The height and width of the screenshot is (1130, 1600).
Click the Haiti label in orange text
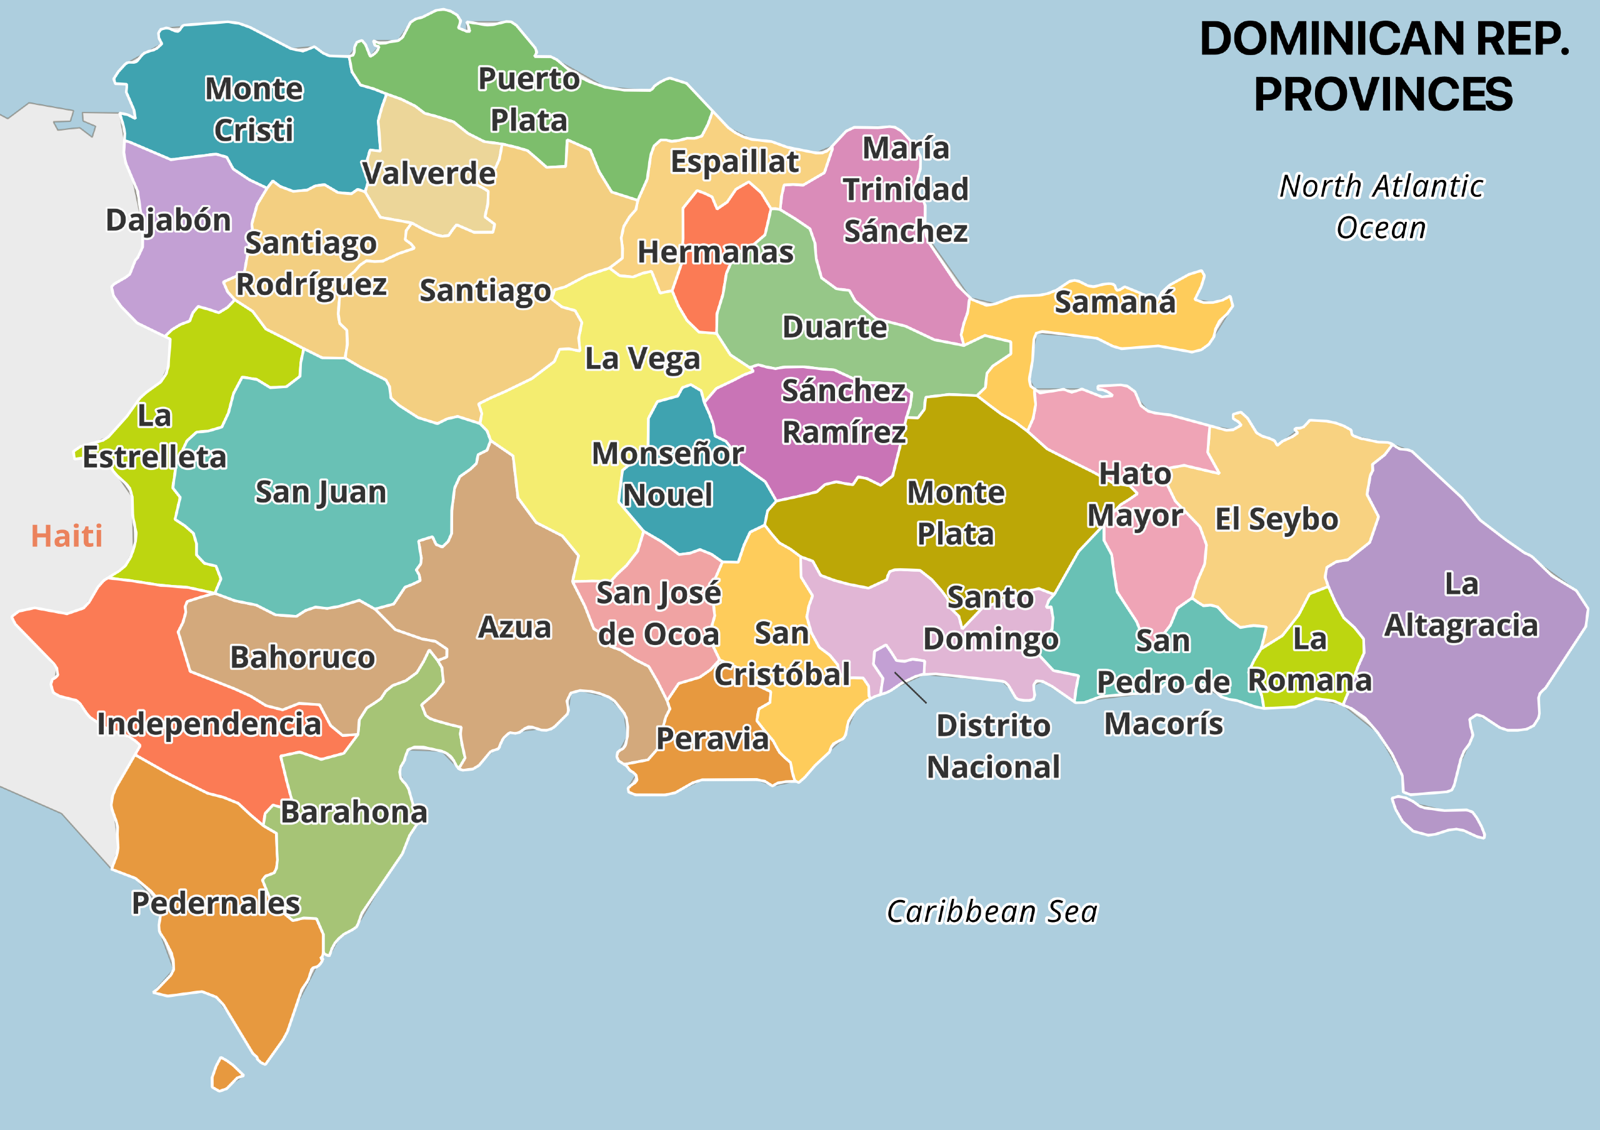pyautogui.click(x=67, y=536)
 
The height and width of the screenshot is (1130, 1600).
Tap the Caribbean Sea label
pyautogui.click(x=992, y=912)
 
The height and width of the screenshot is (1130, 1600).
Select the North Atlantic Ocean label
pyautogui.click(x=1381, y=207)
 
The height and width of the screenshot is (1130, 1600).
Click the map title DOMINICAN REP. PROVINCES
pyautogui.click(x=1383, y=66)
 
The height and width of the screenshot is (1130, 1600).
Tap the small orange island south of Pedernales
pyautogui.click(x=225, y=1074)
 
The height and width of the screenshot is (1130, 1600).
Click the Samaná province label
pyautogui.click(x=1115, y=302)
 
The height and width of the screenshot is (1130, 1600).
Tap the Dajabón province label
pyautogui.click(x=169, y=220)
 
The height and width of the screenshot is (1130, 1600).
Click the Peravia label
pyautogui.click(x=712, y=739)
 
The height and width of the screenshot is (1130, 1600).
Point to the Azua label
pyautogui.click(x=514, y=627)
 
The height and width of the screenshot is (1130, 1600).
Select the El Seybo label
pyautogui.click(x=1276, y=520)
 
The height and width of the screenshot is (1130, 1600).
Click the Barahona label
pyautogui.click(x=354, y=812)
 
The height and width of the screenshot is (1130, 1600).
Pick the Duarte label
pyautogui.click(x=834, y=327)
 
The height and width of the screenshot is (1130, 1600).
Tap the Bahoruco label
pyautogui.click(x=302, y=657)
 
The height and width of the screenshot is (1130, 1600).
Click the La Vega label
pyautogui.click(x=642, y=359)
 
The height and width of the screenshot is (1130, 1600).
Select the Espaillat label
pyautogui.click(x=734, y=162)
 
